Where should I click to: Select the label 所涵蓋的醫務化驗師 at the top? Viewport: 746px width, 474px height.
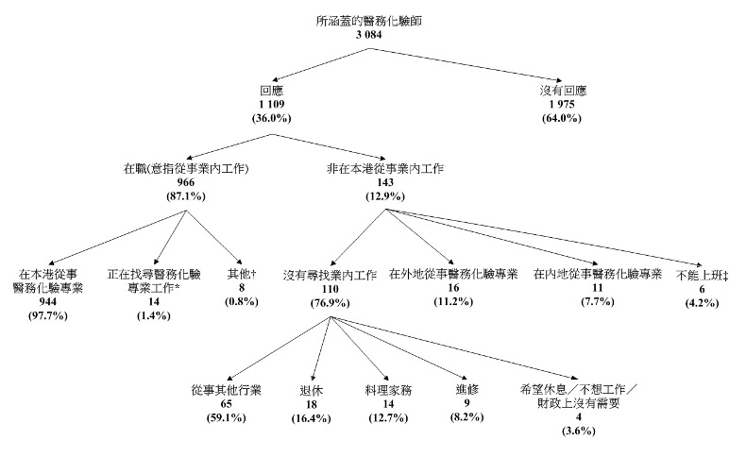pos(373,20)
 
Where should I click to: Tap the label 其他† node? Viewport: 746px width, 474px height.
pos(242,274)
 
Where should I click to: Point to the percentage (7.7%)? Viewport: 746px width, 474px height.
pos(596,300)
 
